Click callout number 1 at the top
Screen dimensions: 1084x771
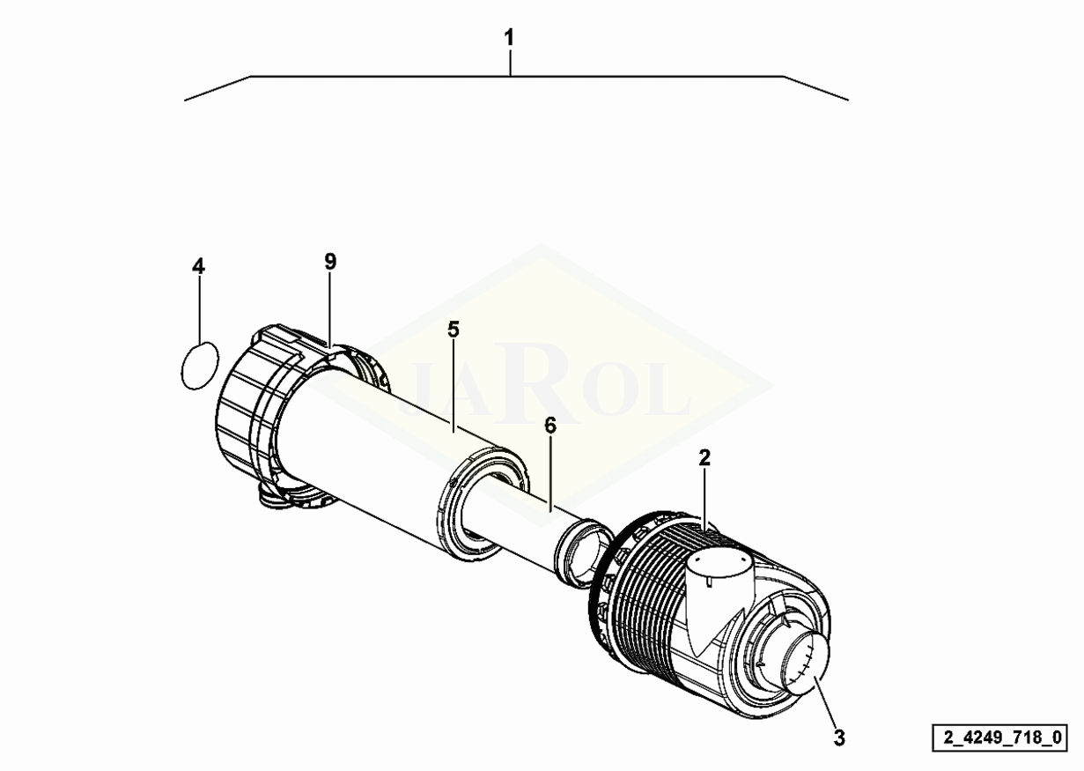(x=508, y=38)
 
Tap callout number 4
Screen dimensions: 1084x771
(x=198, y=266)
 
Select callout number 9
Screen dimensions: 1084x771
(x=330, y=262)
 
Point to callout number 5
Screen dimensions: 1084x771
(x=453, y=330)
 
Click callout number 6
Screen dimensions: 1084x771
(x=550, y=426)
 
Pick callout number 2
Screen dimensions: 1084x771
(x=704, y=457)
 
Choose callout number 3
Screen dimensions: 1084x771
(x=839, y=738)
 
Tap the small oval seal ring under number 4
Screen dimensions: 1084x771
(x=199, y=366)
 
